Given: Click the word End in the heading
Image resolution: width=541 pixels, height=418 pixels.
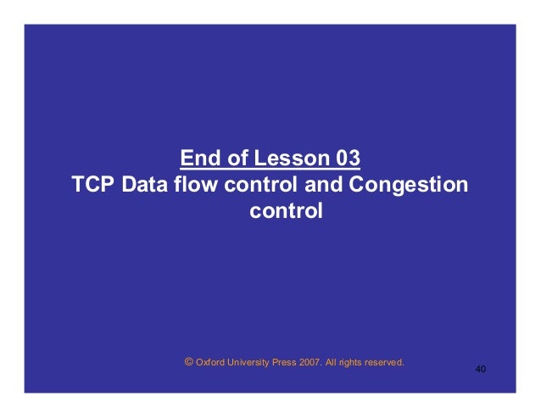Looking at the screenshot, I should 198,159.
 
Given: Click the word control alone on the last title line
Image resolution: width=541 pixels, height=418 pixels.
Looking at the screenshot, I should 286,210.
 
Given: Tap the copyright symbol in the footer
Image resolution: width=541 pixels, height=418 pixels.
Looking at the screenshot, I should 188,361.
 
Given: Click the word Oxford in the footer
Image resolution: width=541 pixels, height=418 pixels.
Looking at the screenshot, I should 210,362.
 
